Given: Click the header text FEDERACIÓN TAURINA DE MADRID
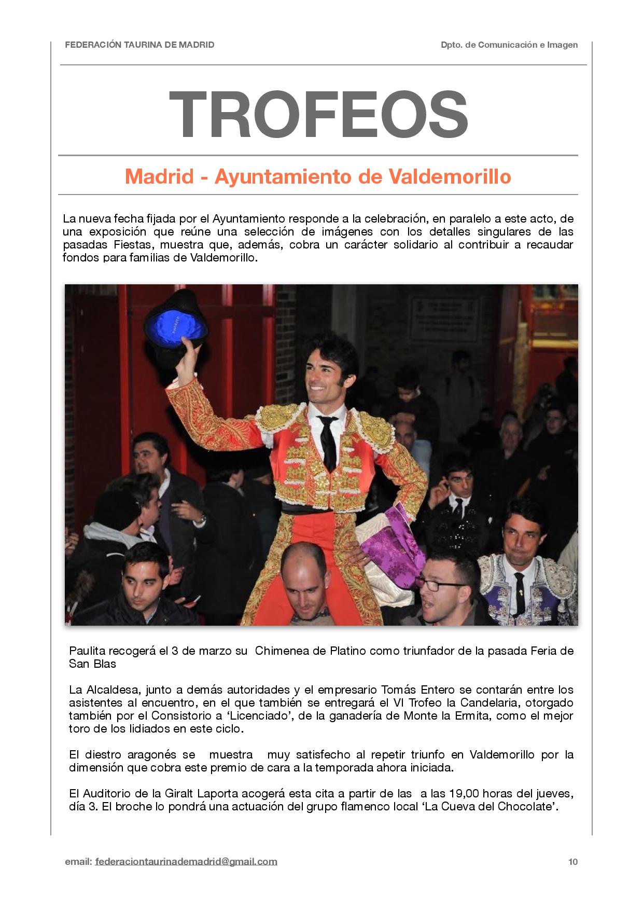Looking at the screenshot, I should pyautogui.click(x=139, y=45).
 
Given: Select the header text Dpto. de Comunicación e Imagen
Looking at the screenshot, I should pyautogui.click(x=509, y=45).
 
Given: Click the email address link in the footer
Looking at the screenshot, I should pyautogui.click(x=186, y=862).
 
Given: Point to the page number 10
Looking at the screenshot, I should pyautogui.click(x=572, y=862).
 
